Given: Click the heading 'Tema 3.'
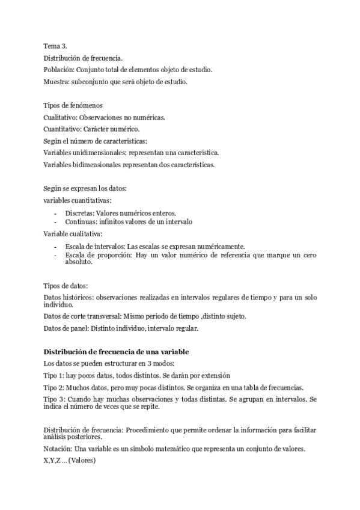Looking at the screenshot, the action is (x=55, y=46).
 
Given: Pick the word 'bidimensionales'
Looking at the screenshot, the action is (x=99, y=164).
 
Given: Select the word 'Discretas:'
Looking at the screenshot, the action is (x=81, y=213).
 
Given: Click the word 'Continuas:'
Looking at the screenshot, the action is (x=81, y=221).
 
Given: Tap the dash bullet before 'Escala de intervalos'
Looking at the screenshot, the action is (x=55, y=247).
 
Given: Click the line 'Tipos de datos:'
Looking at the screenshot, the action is (x=66, y=286).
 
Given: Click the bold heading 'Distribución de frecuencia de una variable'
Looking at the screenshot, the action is (x=117, y=351).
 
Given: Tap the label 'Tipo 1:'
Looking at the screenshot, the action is (x=54, y=375).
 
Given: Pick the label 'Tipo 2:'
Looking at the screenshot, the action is (x=54, y=387).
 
